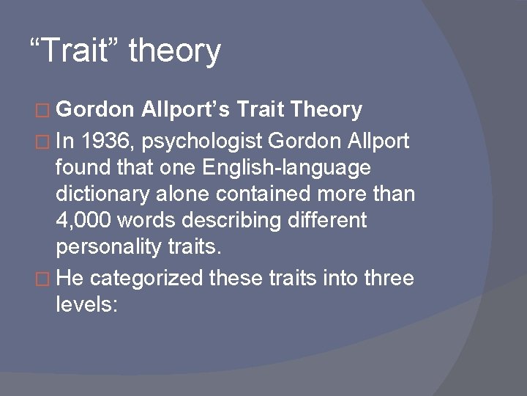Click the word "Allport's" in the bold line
(x=187, y=111)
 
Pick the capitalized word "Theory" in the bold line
(x=326, y=111)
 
